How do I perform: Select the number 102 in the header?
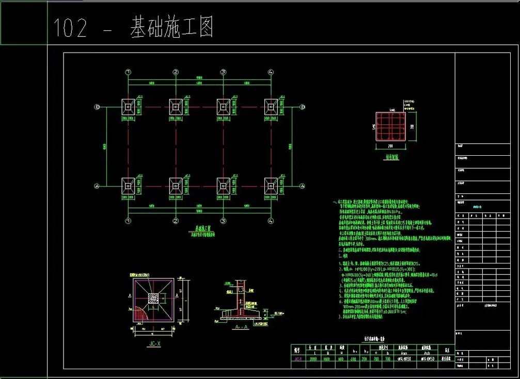[x=70, y=28]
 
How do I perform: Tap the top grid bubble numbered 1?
[x=128, y=72]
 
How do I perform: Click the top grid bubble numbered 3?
[x=223, y=72]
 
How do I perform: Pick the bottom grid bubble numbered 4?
[x=270, y=221]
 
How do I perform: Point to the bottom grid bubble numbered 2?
[x=176, y=221]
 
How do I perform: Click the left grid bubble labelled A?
[x=97, y=186]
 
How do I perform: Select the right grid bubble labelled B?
[x=303, y=107]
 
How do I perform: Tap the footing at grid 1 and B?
[x=128, y=107]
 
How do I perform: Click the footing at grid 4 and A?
[x=270, y=186]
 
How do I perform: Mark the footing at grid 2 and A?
[x=176, y=186]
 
